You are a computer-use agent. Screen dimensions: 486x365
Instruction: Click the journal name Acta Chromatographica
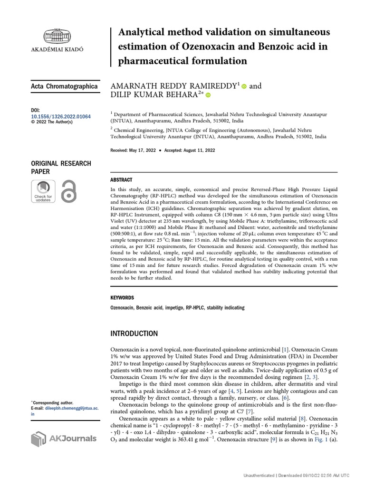tap(64, 86)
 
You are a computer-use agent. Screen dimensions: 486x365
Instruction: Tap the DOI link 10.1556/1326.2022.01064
tap(60, 116)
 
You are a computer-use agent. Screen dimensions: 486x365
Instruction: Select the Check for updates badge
tap(43, 191)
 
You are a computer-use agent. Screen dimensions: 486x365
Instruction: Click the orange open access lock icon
tap(69, 191)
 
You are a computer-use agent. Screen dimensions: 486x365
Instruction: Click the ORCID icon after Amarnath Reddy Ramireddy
tap(244, 86)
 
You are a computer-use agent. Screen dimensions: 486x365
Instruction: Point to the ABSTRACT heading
tap(121, 180)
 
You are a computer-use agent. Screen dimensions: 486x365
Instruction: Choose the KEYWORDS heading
tap(122, 298)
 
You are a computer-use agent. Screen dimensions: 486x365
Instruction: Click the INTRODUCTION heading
tap(134, 334)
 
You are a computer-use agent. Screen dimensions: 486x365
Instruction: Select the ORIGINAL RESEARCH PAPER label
tap(61, 167)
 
